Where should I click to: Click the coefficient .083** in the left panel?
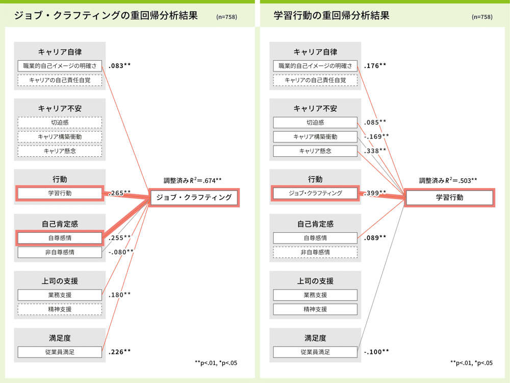pos(119,65)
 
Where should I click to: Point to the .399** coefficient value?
pos(375,193)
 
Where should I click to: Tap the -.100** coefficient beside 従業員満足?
pos(376,352)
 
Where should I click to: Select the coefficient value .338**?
pos(375,151)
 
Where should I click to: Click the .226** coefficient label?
pos(119,352)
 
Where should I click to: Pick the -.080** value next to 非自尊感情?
pos(121,252)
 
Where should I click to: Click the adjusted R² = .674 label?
pos(193,180)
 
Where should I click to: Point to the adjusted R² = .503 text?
pos(448,180)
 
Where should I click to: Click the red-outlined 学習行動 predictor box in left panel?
pos(60,193)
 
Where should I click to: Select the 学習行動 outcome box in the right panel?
pos(449,197)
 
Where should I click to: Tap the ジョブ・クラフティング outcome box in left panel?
pos(194,197)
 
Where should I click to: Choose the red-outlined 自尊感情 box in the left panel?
pos(60,238)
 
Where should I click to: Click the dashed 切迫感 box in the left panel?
pos(60,123)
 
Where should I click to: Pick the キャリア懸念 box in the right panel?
pos(315,151)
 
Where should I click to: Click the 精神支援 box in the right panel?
pos(315,309)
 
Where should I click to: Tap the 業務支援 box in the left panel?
pos(60,295)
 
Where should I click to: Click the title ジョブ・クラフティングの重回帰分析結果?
pos(106,15)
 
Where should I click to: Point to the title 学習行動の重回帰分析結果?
pos(331,15)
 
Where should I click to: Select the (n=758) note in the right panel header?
pos(482,17)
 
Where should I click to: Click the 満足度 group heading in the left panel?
pos(60,338)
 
